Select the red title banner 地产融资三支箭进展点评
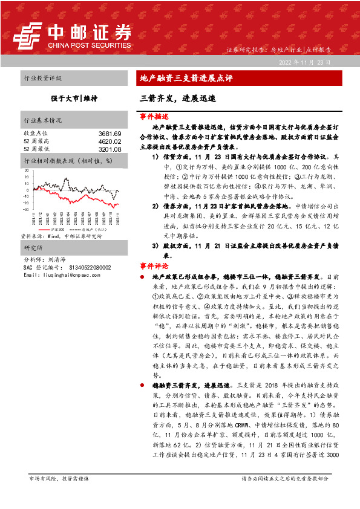(186, 78)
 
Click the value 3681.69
(110, 133)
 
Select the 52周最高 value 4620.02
(110, 140)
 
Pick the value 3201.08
(110, 148)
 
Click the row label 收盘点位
(35, 133)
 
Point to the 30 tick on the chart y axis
(27, 171)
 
